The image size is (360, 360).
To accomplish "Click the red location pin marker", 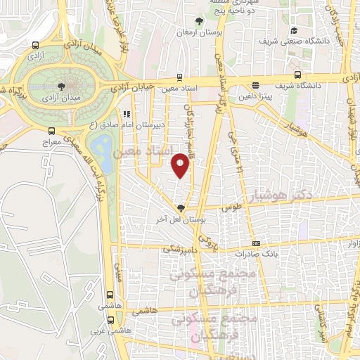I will pyautogui.click(x=181, y=166).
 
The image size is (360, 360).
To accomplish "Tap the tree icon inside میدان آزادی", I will pyautogui.click(x=63, y=84).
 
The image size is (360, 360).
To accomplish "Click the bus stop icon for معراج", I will pyautogui.click(x=51, y=131).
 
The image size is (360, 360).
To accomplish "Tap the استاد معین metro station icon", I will pyautogui.click(x=180, y=77).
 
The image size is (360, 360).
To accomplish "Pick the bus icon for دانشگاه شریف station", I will pyautogui.click(x=298, y=75).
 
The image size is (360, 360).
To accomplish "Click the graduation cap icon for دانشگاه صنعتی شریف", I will pyautogui.click(x=294, y=30).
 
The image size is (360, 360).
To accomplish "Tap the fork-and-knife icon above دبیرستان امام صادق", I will pyautogui.click(x=127, y=113).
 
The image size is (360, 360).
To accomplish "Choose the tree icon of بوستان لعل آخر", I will pyautogui.click(x=181, y=208).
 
